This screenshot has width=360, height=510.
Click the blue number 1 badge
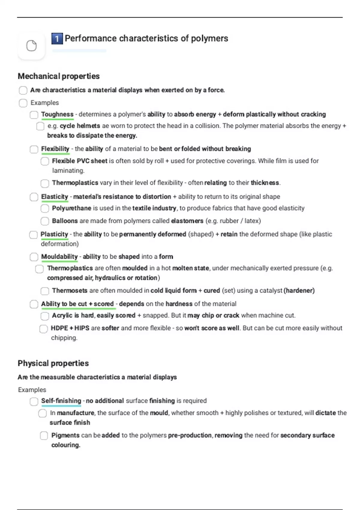[57, 39]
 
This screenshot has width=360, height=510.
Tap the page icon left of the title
[31, 46]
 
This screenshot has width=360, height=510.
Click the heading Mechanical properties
[58, 76]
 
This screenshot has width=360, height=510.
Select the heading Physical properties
[53, 363]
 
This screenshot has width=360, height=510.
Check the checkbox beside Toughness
[34, 115]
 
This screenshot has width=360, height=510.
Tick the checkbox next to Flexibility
[34, 149]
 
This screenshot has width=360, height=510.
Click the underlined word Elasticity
[55, 197]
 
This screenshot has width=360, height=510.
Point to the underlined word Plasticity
[54, 234]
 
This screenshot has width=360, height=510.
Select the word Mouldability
[59, 257]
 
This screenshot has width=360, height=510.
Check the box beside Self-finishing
[34, 401]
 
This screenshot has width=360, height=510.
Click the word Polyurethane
[71, 208]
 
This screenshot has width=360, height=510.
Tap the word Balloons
[65, 221]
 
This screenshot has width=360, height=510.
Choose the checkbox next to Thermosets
[45, 291]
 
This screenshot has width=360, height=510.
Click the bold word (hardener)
[299, 291]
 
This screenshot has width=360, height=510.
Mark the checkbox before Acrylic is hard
[45, 316]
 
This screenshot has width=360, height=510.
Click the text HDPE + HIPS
[70, 328]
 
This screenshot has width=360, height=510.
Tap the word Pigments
[65, 435]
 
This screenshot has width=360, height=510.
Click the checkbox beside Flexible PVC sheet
[45, 161]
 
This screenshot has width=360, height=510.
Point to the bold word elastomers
[187, 221]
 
